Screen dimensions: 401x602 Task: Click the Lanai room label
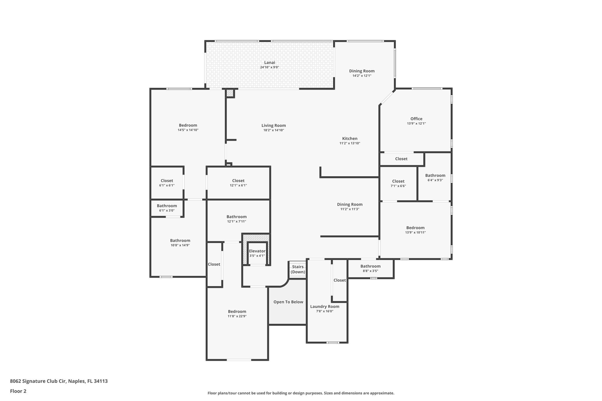click(269, 63)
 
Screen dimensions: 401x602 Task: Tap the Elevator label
click(257, 251)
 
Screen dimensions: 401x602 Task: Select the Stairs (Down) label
click(298, 269)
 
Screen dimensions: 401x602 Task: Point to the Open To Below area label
click(288, 302)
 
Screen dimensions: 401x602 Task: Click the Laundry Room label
click(325, 307)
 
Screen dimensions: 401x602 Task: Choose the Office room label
click(416, 119)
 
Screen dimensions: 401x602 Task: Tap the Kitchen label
click(350, 139)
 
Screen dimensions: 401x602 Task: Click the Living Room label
click(273, 125)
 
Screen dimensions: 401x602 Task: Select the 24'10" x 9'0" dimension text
click(269, 67)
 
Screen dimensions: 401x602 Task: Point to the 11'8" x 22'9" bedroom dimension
click(237, 316)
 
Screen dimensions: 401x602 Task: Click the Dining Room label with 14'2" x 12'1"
click(362, 71)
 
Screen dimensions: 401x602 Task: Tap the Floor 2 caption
click(18, 391)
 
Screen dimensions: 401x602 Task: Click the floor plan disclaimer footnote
click(301, 393)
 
